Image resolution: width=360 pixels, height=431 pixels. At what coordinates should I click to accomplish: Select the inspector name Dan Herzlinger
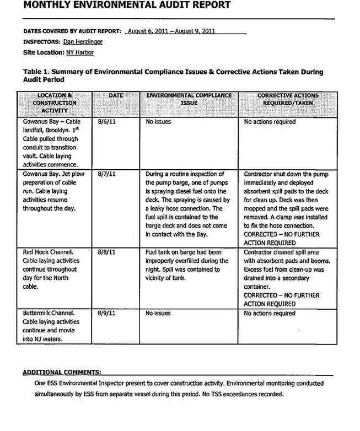coord(83,41)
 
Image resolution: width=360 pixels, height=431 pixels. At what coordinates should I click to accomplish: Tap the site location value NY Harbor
coord(80,52)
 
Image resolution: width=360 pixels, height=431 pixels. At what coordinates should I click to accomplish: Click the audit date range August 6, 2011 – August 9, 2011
coord(171,31)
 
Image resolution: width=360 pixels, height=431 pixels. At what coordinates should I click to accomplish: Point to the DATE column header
coord(116,96)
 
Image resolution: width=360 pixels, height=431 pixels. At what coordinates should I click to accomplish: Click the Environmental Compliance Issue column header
coord(189,99)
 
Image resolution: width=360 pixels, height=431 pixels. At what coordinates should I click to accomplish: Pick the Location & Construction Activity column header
coord(54,103)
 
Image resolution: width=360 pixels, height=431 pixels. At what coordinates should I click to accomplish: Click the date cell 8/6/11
coord(106,122)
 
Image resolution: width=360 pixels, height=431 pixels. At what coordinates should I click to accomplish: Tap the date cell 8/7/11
coord(106,174)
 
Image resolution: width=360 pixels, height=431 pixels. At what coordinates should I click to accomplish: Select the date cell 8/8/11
coord(106,252)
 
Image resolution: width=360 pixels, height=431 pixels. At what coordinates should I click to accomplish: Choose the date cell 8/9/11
coord(106,314)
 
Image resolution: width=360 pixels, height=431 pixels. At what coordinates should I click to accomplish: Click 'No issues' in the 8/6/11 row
coord(158,122)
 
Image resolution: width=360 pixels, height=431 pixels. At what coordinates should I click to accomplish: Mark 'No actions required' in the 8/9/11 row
coord(270,314)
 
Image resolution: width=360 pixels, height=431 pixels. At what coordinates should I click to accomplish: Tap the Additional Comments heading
coord(62,372)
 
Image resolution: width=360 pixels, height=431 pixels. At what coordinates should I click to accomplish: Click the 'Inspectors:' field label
coord(41,41)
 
